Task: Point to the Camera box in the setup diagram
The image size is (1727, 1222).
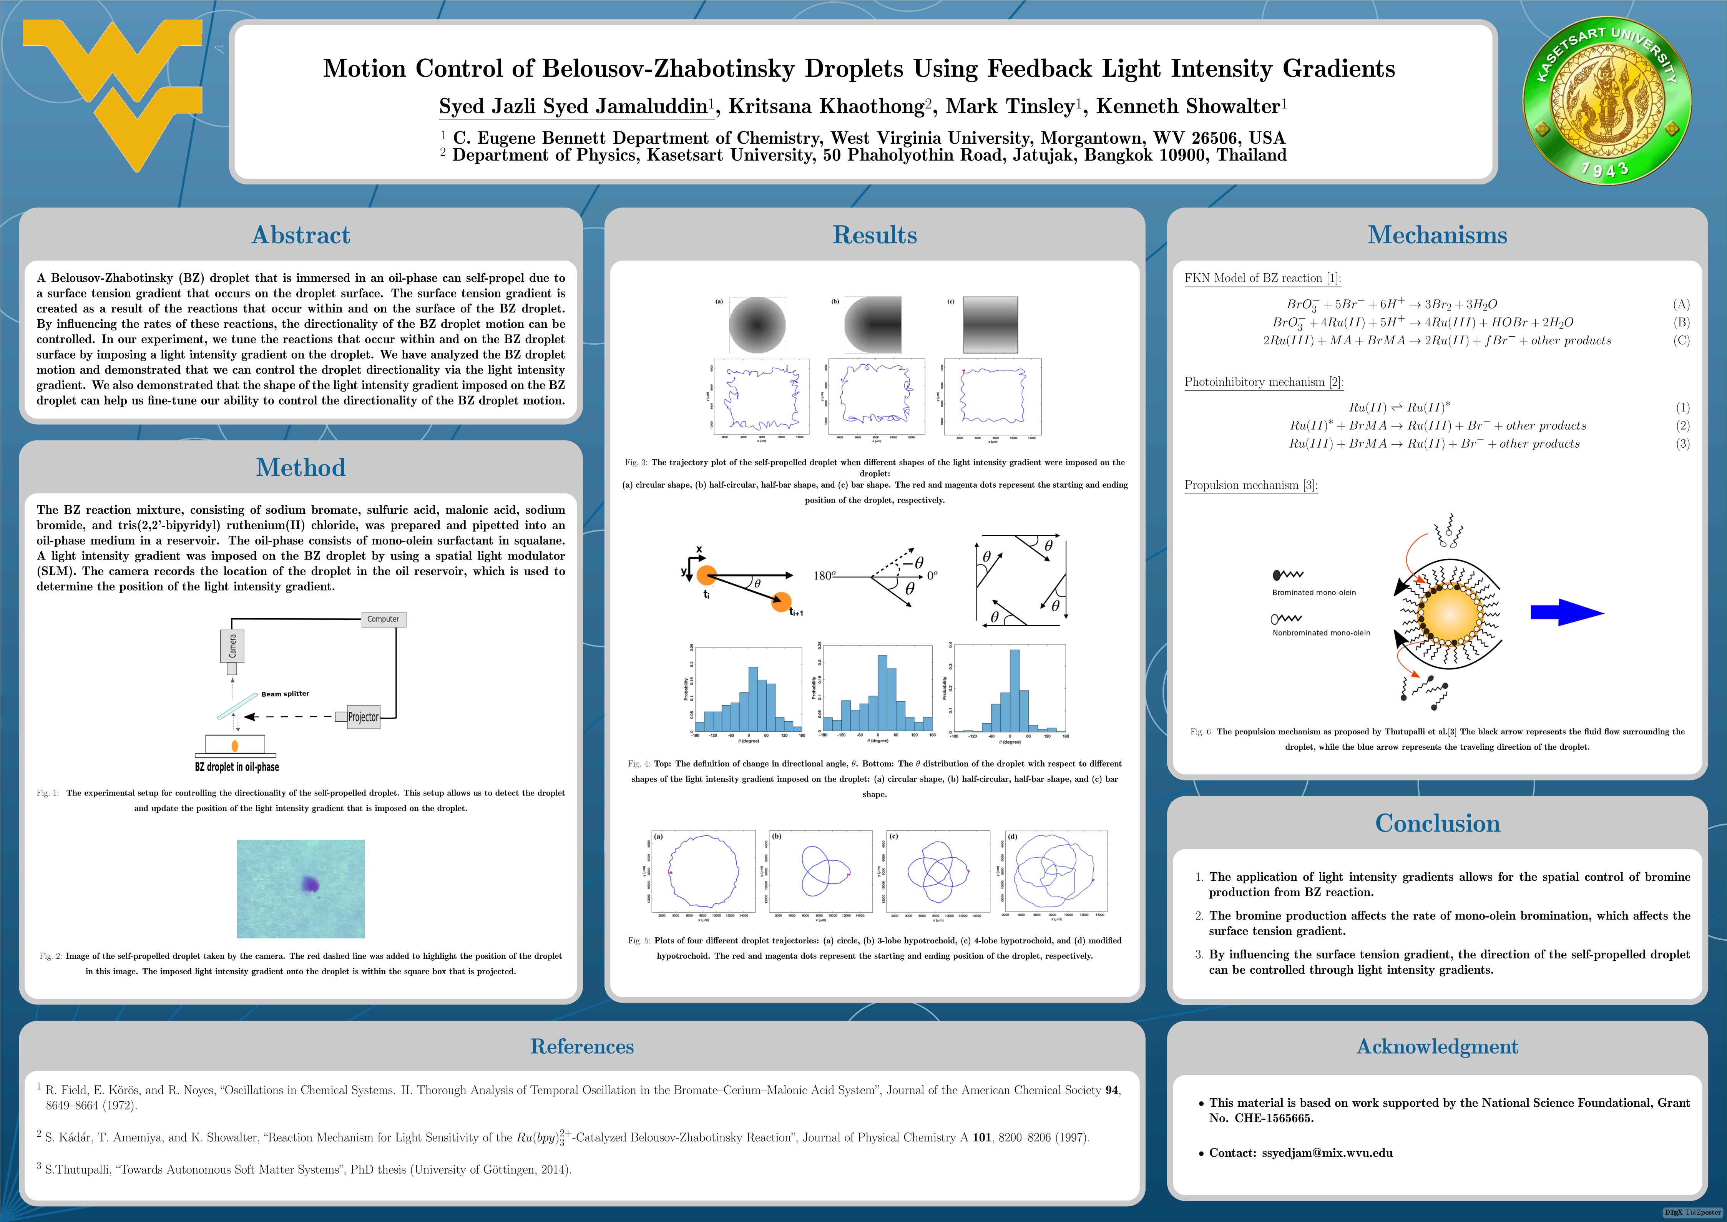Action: (x=232, y=646)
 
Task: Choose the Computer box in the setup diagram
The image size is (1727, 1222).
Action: (x=383, y=619)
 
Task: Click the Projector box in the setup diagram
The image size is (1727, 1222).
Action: (x=363, y=717)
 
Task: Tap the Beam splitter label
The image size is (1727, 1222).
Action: (x=285, y=694)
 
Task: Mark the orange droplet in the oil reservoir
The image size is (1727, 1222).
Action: (x=235, y=746)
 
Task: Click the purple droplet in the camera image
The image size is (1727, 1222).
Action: (x=310, y=884)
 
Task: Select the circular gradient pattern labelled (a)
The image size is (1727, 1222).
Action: (x=757, y=325)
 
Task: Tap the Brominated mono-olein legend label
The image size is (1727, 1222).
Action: (x=1314, y=593)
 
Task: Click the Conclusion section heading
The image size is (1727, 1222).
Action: (x=1437, y=823)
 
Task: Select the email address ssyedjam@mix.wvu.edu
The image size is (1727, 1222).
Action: (x=1327, y=1153)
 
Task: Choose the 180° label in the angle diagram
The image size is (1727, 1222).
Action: (x=823, y=576)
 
